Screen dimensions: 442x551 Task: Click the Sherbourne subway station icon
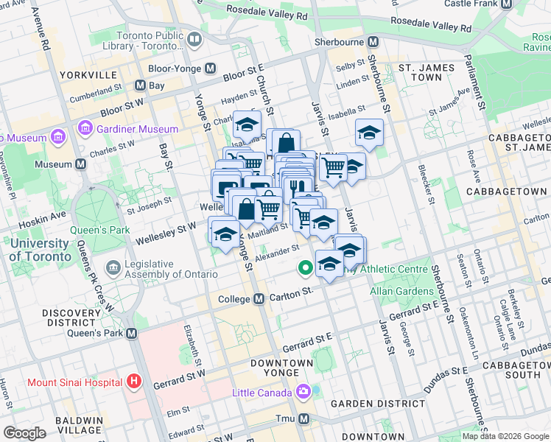pyautogui.click(x=373, y=42)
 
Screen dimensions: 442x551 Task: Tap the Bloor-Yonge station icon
pyautogui.click(x=211, y=68)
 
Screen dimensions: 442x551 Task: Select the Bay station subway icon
pyautogui.click(x=139, y=85)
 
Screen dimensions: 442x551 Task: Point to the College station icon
pyautogui.click(x=259, y=299)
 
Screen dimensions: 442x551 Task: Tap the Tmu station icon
pyautogui.click(x=303, y=419)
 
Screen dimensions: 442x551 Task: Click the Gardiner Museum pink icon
pyautogui.click(x=86, y=129)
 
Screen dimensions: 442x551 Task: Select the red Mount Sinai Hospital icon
pyautogui.click(x=133, y=382)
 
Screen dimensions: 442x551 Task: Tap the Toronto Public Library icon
pyautogui.click(x=194, y=39)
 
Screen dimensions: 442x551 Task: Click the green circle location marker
pyautogui.click(x=304, y=268)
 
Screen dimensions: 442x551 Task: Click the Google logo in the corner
pyautogui.click(x=24, y=433)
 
